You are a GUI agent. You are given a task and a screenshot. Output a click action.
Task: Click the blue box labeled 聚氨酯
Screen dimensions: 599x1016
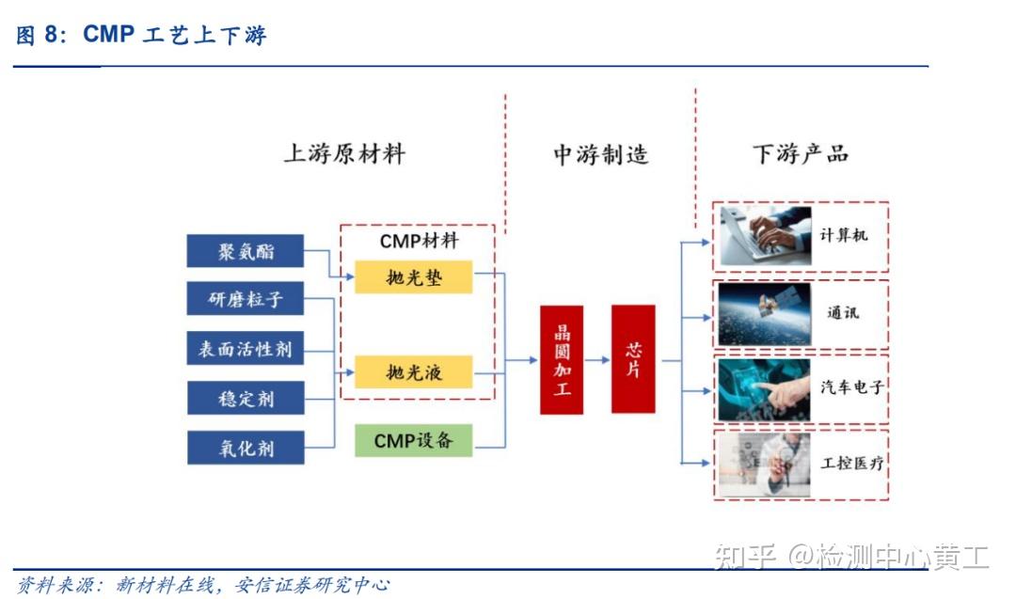click(246, 251)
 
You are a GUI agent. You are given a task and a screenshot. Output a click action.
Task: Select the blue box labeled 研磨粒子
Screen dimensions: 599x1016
click(246, 300)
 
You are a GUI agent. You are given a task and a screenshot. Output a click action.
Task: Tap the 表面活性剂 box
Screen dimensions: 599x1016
click(246, 350)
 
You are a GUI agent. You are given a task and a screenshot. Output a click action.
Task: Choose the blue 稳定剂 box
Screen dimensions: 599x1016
click(246, 398)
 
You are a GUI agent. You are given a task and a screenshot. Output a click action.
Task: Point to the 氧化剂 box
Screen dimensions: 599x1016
click(246, 448)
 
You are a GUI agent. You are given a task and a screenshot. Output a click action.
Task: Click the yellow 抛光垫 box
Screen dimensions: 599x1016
click(413, 277)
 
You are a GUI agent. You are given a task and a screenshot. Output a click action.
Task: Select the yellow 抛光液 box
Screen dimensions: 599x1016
click(413, 372)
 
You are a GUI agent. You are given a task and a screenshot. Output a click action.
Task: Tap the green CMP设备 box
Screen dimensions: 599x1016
click(413, 440)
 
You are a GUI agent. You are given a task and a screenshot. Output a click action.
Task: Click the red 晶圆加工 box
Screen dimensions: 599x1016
click(562, 359)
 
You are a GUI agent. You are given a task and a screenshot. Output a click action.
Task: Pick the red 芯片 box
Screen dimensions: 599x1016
click(633, 359)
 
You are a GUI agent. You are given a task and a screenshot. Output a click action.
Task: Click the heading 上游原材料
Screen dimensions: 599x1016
click(344, 154)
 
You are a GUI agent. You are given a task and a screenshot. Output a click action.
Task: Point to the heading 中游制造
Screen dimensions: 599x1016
click(600, 154)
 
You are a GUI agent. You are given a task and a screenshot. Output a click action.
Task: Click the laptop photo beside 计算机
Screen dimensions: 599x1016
click(766, 236)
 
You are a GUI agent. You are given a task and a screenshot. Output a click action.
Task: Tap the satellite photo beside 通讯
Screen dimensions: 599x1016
click(765, 314)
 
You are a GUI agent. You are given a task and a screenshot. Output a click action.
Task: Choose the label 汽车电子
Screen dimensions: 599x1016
click(851, 386)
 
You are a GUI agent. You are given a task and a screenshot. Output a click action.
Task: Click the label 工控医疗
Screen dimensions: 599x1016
click(851, 464)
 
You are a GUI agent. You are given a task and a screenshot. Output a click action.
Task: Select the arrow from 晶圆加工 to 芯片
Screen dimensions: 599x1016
click(596, 359)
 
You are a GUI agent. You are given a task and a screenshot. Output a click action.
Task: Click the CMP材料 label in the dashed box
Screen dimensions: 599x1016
click(420, 241)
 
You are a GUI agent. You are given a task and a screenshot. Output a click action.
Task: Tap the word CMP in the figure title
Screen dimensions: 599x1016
click(109, 36)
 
